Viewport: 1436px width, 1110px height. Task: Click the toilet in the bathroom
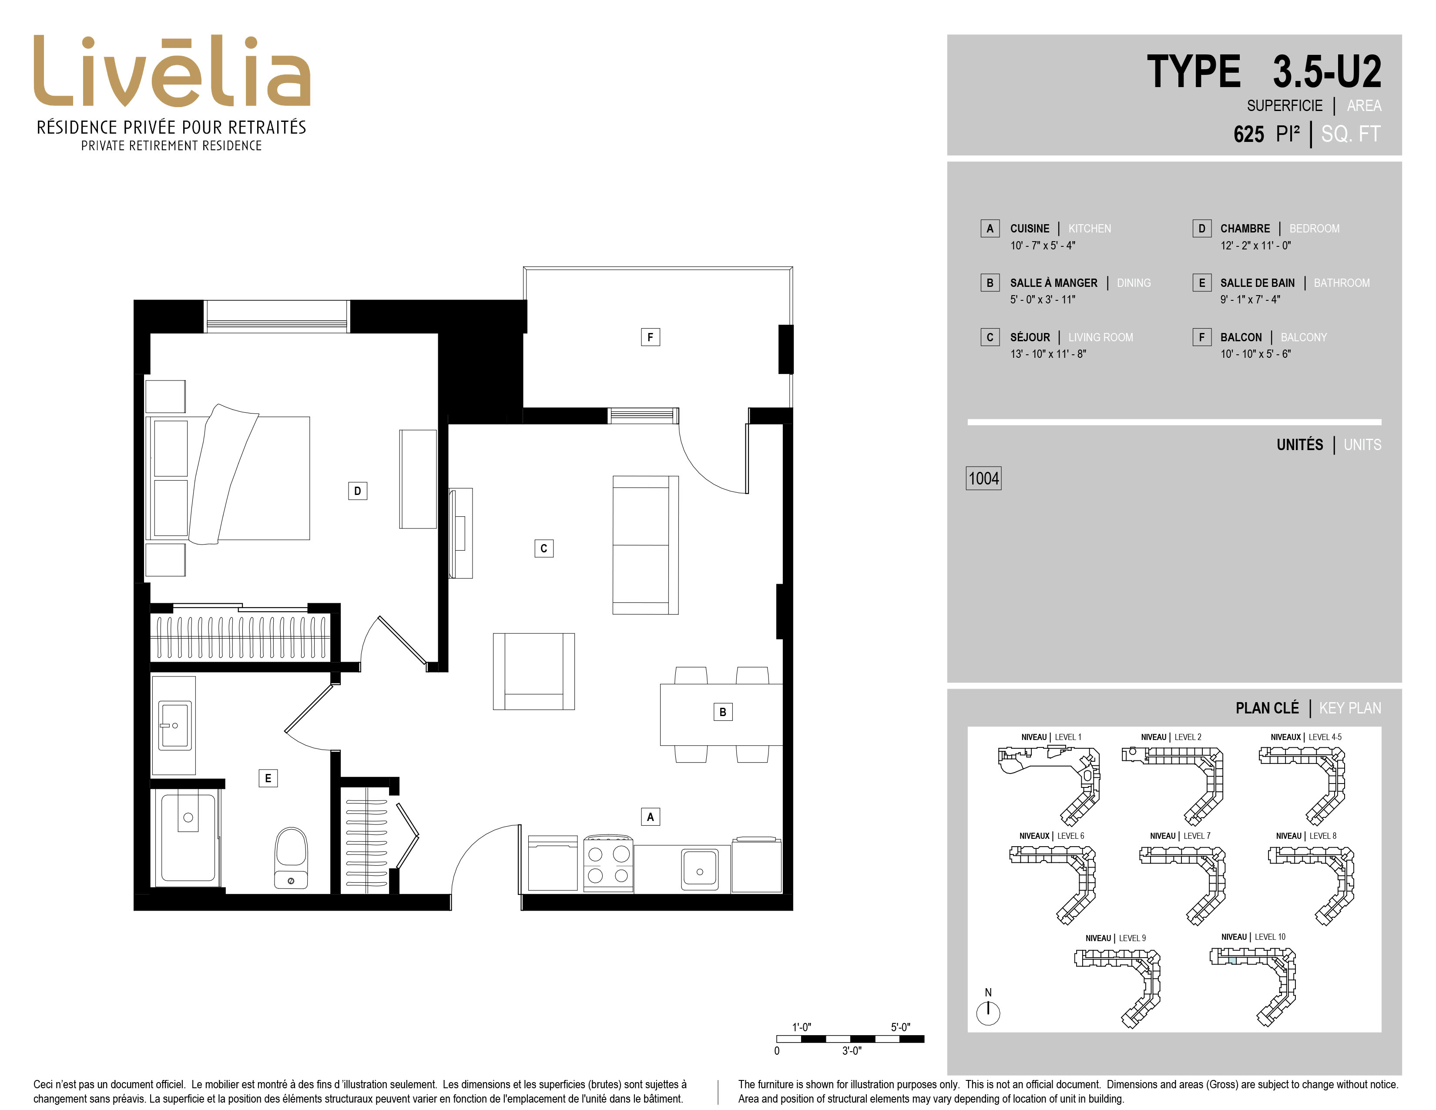point(291,858)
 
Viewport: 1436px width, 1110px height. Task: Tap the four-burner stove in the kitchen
point(608,864)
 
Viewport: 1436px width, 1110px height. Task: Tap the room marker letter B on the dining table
point(723,712)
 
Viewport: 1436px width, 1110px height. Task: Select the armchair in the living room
point(534,671)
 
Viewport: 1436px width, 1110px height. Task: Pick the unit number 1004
point(983,478)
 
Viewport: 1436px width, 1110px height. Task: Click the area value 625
point(1248,134)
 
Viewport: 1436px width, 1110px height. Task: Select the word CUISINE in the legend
point(1030,228)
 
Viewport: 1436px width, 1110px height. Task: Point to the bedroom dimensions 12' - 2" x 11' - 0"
point(1256,245)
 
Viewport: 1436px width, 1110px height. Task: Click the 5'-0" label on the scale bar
point(901,1027)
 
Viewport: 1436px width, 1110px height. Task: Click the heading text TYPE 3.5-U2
point(1264,72)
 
